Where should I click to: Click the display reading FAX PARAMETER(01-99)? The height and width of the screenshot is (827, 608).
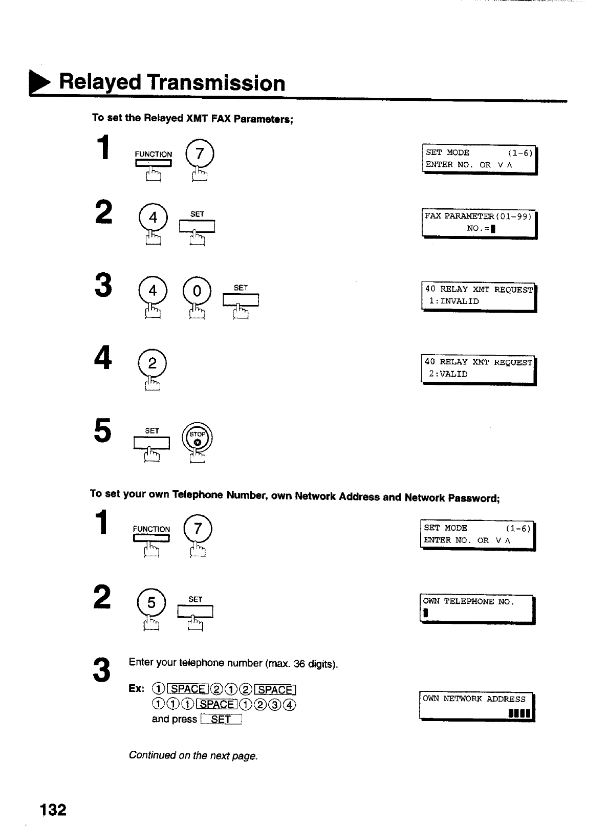pos(478,223)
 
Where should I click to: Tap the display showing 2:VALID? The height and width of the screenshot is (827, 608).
pos(478,368)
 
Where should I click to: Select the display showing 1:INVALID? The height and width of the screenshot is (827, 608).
pos(478,296)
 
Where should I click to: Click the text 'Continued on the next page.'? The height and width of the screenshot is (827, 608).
pos(193,755)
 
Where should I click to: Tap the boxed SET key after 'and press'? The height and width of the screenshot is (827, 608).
pos(221,720)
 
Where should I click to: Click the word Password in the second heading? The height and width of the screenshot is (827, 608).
pos(472,496)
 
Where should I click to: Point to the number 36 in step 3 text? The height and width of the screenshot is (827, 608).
pos(299,664)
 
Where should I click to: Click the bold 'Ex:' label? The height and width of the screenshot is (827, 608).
pos(137,689)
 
